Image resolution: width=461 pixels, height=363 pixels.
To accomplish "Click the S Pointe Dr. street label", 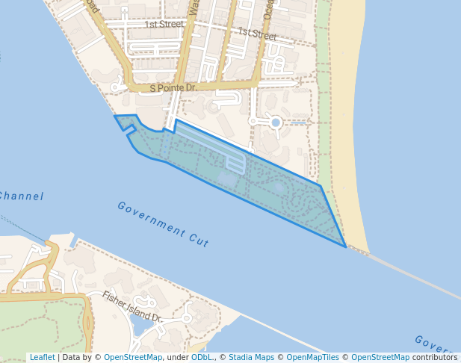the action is [x=173, y=88].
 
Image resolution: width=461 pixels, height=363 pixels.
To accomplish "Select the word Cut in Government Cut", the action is [x=199, y=241].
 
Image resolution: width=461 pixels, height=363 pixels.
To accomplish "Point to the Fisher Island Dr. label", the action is [x=133, y=306].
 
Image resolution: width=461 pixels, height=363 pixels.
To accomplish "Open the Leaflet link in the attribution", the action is [x=42, y=357].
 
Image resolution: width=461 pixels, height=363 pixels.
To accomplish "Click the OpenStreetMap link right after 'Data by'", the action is [x=133, y=357].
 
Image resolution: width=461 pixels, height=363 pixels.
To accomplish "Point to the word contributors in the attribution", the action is [x=434, y=357].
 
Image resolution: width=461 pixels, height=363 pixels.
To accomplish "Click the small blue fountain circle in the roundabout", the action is [x=276, y=122].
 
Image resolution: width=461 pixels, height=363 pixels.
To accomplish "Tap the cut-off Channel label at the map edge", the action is [x=21, y=196].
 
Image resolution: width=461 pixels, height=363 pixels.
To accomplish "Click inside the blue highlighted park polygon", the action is [x=276, y=190].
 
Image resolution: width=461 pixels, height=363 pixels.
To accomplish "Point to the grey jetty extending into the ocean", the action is [x=411, y=273].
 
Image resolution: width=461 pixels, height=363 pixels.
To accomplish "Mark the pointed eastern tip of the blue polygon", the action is [x=345, y=246].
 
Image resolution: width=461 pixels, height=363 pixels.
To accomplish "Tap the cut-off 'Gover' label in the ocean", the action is [x=433, y=345].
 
